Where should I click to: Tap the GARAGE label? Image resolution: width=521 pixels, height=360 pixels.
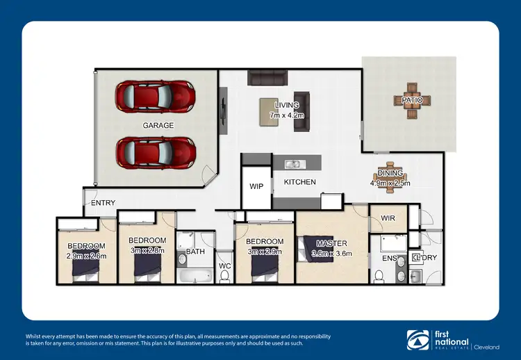coord(158,125)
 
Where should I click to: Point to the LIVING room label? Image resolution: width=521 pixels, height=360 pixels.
coord(286,105)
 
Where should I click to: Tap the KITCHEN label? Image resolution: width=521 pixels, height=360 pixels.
coord(299,182)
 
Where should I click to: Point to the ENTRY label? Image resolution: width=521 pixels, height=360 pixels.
coord(103,203)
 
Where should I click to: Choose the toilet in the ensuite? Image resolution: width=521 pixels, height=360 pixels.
coord(379,275)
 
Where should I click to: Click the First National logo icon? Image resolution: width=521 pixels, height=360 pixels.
coord(416,339)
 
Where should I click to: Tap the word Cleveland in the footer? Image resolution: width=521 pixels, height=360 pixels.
coord(491,345)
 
